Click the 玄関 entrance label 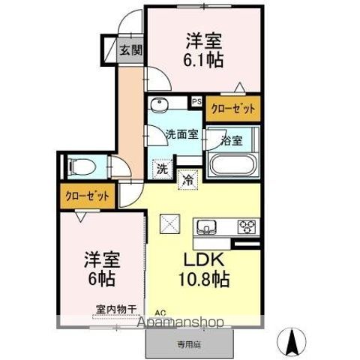point(130,51)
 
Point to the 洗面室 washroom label point(181,134)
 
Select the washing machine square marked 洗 point(162,169)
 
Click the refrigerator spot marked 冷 point(187,180)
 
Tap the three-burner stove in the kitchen point(246,226)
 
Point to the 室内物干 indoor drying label point(115,308)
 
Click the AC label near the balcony point(160,313)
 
